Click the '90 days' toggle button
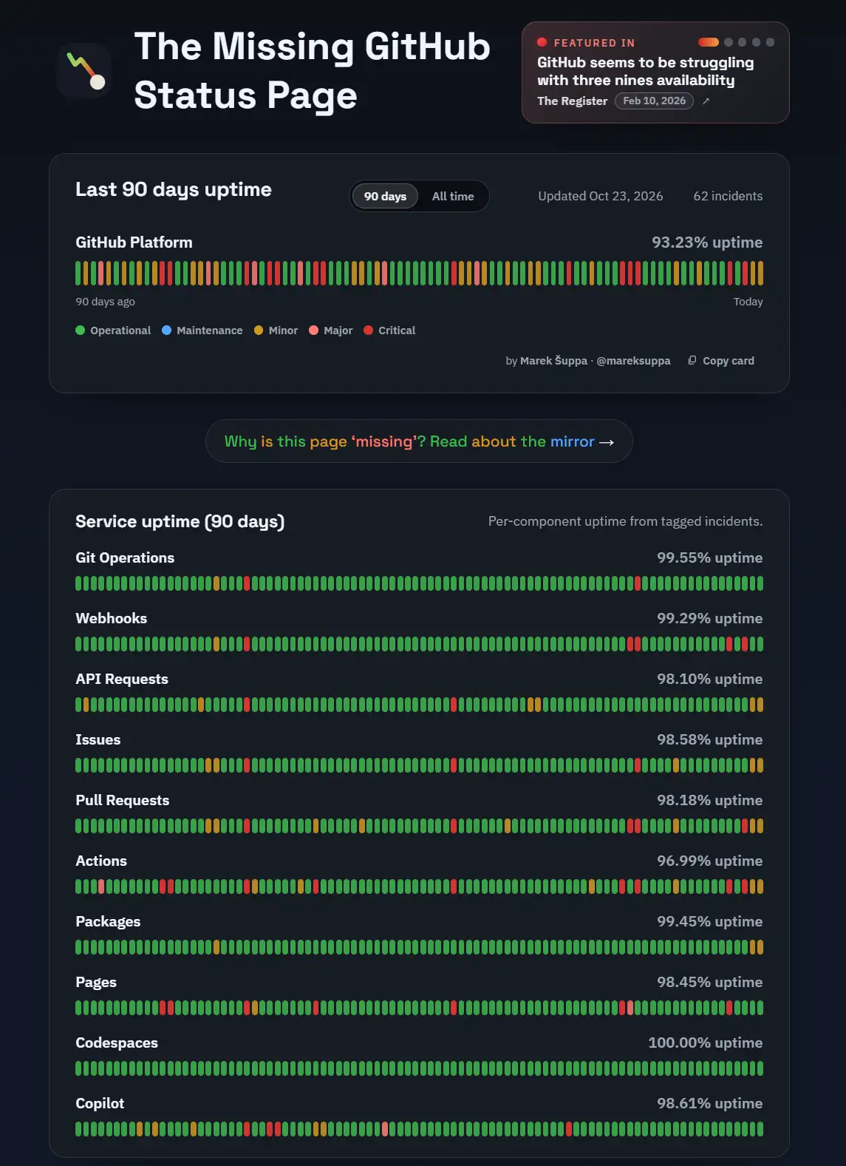click(385, 196)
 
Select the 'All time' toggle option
click(453, 196)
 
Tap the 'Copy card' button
click(721, 361)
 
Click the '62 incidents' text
click(728, 196)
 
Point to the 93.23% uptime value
click(707, 243)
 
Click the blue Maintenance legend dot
click(166, 330)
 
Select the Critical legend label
click(397, 331)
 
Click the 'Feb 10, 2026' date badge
click(654, 101)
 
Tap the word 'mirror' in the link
click(573, 441)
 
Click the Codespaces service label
click(117, 1043)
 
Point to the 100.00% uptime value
click(705, 1043)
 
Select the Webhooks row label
click(112, 618)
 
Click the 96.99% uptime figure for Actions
click(710, 861)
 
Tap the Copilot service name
click(100, 1104)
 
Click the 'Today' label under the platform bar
click(748, 302)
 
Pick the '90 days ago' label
click(105, 302)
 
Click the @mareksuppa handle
click(633, 361)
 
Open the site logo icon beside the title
click(85, 71)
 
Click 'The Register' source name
click(573, 101)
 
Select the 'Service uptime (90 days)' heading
click(180, 521)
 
